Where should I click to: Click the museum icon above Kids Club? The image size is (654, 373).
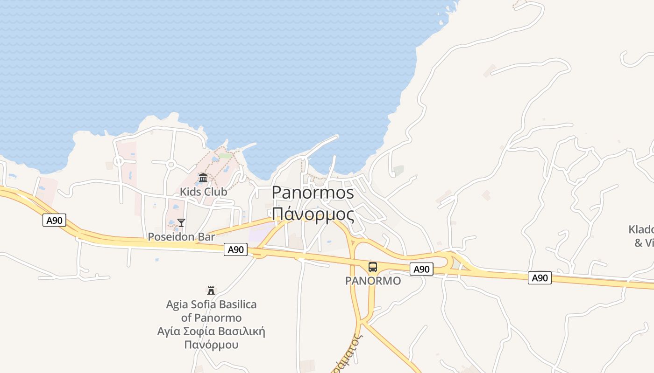(203, 178)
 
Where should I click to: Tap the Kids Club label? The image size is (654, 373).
(204, 192)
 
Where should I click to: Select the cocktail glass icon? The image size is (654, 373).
(181, 223)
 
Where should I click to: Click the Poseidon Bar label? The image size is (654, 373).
(181, 237)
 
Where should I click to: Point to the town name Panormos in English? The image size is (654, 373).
(313, 193)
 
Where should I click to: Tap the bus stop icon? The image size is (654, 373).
(372, 267)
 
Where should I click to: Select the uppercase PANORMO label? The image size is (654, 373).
(373, 281)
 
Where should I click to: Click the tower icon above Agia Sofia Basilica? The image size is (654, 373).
(211, 290)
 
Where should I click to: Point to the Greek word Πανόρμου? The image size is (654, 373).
(211, 345)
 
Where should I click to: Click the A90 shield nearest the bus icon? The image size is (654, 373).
(421, 269)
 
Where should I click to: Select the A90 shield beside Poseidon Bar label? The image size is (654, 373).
(235, 250)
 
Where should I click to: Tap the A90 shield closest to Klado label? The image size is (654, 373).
(540, 278)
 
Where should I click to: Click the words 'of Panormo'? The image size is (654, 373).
(211, 318)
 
